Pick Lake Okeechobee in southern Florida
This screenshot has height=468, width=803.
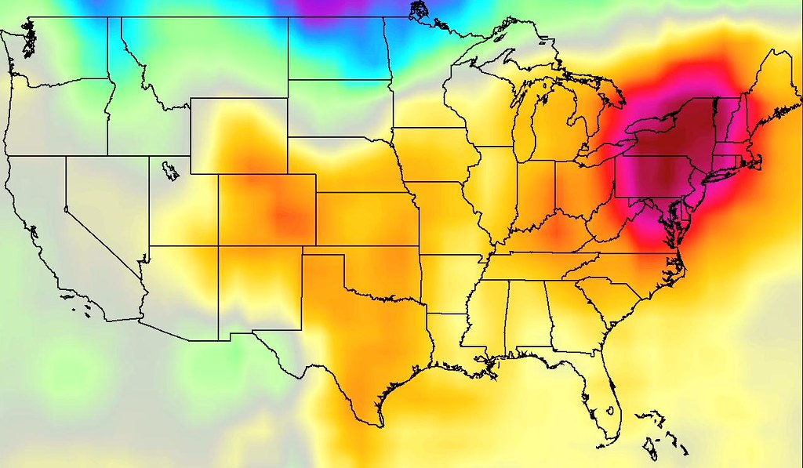pyautogui.click(x=610, y=411)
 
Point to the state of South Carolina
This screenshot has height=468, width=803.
pyautogui.click(x=612, y=298)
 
